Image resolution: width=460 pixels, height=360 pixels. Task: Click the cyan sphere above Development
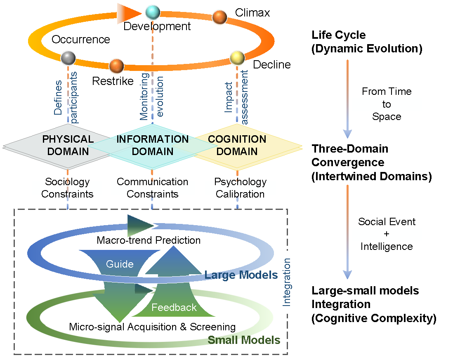[x=152, y=12]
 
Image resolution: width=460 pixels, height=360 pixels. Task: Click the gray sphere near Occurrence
[x=68, y=58]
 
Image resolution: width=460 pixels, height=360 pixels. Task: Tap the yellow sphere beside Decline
[x=237, y=58]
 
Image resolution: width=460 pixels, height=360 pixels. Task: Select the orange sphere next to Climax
[x=220, y=17]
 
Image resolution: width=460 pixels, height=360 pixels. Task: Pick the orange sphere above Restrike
[x=117, y=65]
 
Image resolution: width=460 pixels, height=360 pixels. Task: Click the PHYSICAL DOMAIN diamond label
[x=68, y=145]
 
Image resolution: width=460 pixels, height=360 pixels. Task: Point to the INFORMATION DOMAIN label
[x=152, y=145]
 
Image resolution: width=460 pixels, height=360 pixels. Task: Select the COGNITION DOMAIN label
[x=237, y=145]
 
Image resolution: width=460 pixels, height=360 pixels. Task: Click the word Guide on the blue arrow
[x=120, y=264]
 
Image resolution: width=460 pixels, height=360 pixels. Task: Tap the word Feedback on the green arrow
[x=174, y=308]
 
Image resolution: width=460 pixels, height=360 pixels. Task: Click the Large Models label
[x=241, y=275]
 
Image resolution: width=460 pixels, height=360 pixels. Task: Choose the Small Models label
[x=244, y=340]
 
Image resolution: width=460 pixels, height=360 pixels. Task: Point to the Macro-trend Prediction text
[x=149, y=240]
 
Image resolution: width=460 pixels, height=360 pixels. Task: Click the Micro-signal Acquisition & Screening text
[x=152, y=327]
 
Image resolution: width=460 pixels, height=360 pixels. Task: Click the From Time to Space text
[x=387, y=104]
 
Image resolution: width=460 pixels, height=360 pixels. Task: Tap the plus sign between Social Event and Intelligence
[x=387, y=234]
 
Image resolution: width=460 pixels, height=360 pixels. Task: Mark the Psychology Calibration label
[x=240, y=188]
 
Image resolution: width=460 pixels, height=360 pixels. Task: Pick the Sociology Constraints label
[x=67, y=188]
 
